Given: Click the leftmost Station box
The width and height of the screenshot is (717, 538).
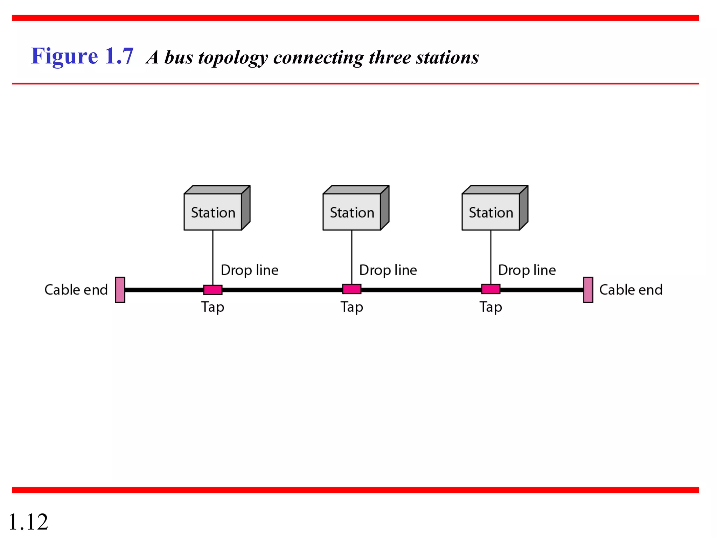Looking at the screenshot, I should (x=213, y=212).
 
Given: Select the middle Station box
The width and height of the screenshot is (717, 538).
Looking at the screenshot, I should (x=352, y=212).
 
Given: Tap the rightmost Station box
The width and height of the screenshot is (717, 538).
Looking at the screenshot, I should (x=491, y=212).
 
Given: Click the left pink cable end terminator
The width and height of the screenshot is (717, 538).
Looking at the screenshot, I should (x=120, y=290).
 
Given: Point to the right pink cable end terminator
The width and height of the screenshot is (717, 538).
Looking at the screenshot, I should (x=588, y=290).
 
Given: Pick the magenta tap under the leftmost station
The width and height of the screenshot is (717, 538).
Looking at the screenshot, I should (x=213, y=290).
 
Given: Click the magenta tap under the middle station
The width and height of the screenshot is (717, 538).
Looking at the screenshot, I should (x=352, y=289).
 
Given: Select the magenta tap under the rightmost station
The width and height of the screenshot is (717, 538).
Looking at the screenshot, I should (x=491, y=289).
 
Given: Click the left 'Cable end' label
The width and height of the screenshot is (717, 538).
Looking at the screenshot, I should (x=76, y=290).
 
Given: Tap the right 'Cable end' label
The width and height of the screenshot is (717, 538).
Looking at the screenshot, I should (x=631, y=290).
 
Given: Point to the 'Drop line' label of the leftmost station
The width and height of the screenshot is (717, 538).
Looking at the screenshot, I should (x=250, y=270).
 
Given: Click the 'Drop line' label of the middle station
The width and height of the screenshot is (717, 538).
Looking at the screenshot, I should (x=388, y=270).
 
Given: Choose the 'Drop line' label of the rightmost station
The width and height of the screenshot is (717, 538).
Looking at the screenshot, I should (x=527, y=270).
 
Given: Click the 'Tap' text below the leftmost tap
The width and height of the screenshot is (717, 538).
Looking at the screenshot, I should (x=213, y=307).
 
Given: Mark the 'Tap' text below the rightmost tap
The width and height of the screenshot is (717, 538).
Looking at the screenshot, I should (x=491, y=307).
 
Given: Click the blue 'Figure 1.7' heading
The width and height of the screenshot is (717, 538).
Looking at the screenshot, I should (x=82, y=56).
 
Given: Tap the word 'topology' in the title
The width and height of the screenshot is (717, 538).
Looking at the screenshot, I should (x=233, y=58).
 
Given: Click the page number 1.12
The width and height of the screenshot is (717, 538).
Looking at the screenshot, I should (x=28, y=522).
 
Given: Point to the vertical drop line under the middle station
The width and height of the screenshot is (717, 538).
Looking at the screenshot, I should (x=352, y=257).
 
